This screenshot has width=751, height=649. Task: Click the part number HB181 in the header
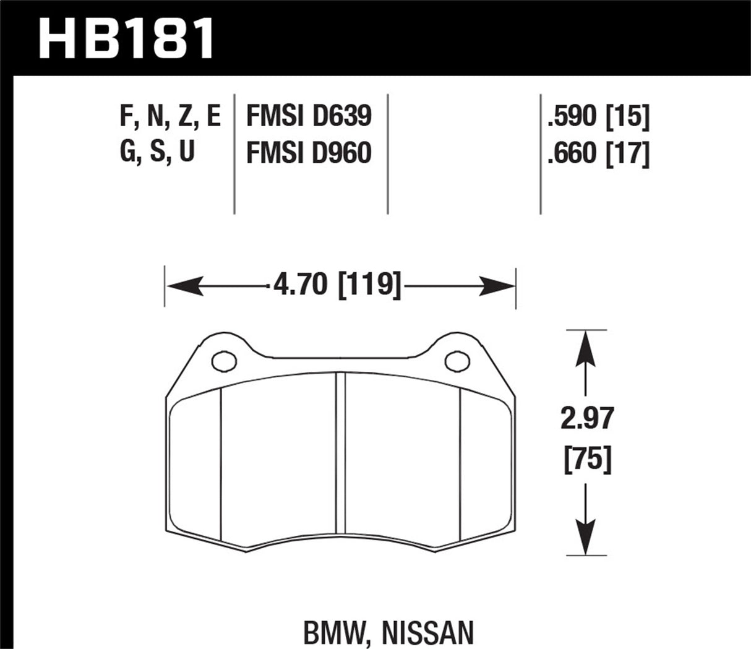126,38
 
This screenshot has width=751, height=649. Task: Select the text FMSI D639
308,116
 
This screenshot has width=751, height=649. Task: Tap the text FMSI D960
308,152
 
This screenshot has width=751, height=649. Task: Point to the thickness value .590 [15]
598,116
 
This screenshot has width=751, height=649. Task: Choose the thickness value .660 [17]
598,152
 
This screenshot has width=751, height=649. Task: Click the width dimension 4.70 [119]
333,286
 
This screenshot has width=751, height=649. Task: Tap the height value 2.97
584,419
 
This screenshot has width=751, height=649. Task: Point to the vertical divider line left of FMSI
234,155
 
